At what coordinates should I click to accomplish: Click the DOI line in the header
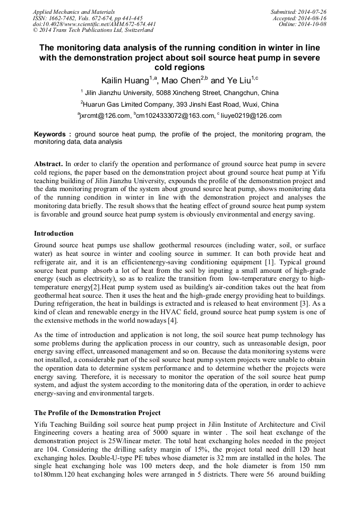[95, 24]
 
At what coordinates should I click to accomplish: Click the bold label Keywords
[52, 134]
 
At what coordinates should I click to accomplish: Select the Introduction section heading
[54, 234]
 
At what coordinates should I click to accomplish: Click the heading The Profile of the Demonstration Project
[97, 412]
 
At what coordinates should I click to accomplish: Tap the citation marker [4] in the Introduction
[172, 321]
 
